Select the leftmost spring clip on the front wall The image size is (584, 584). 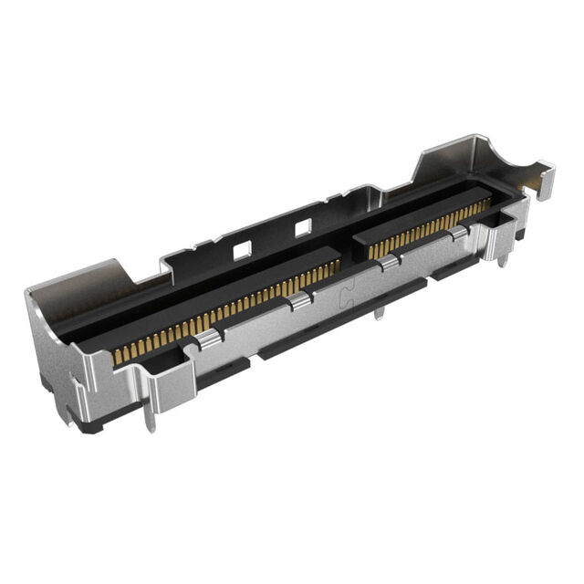tap(208, 340)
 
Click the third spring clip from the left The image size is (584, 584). tap(390, 264)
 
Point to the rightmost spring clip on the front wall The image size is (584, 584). tap(459, 235)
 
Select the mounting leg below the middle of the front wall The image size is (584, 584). tap(379, 313)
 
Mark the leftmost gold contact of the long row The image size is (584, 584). tap(116, 359)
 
